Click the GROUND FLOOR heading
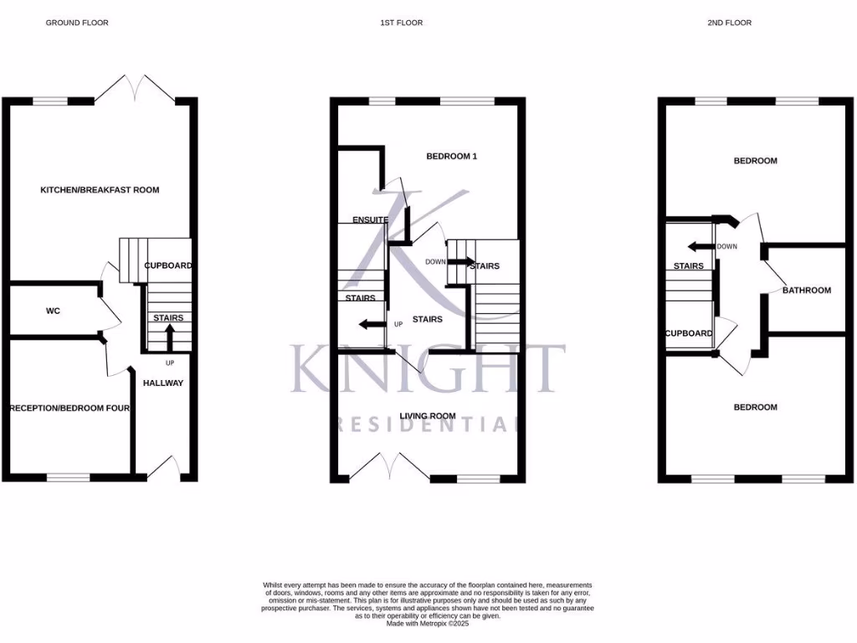point(76,23)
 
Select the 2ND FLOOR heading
point(729,23)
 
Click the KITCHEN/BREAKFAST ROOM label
point(100,190)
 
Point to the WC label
point(53,311)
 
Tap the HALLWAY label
point(163,383)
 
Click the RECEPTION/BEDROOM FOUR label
point(69,409)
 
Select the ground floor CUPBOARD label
point(168,265)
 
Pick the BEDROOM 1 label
point(451,157)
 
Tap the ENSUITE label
point(370,220)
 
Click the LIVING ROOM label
point(428,416)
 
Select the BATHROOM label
point(807,291)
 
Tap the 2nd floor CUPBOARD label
point(689,333)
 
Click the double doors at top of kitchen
point(134,86)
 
